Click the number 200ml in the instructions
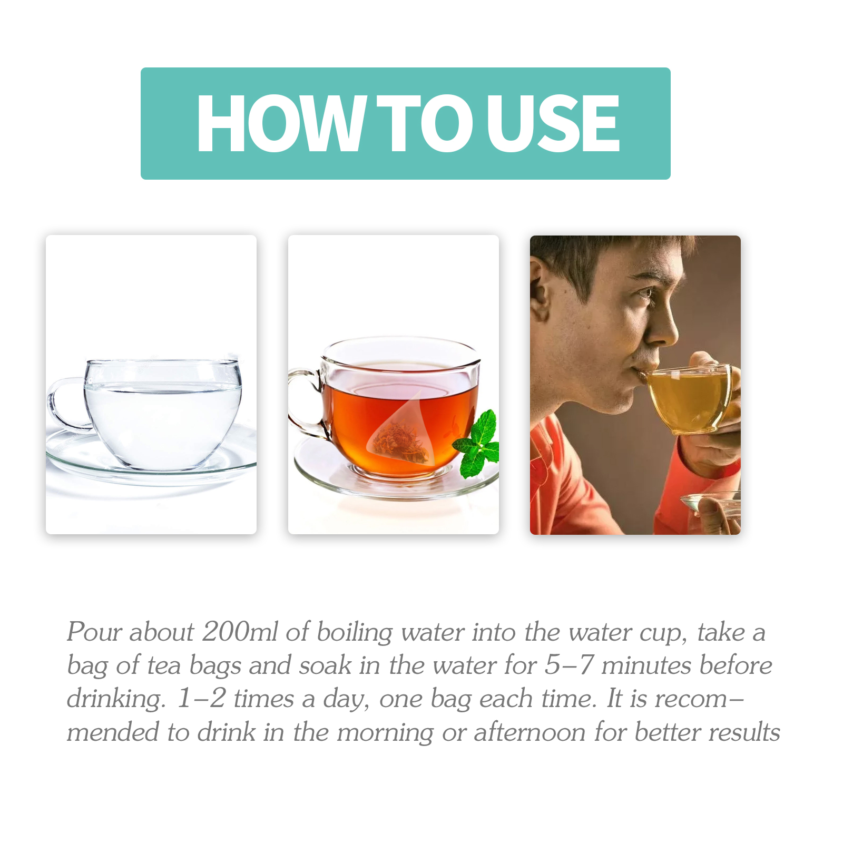[x=240, y=631]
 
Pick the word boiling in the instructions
[x=355, y=632]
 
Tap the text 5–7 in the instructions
[x=569, y=664]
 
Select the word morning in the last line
[x=385, y=733]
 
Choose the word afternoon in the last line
[x=530, y=732]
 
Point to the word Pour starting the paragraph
[x=94, y=631]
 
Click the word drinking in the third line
[x=116, y=699]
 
